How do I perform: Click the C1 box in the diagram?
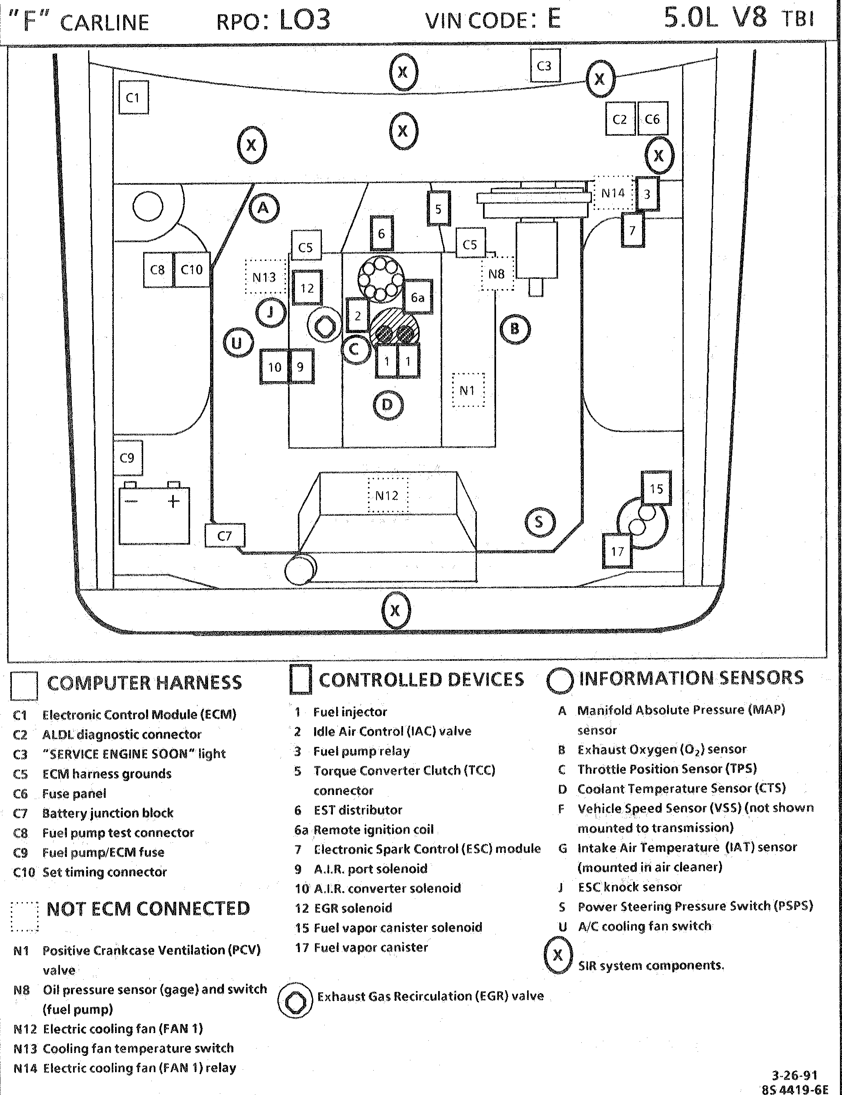tap(133, 97)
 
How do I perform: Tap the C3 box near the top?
tap(545, 66)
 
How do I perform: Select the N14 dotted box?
tap(614, 193)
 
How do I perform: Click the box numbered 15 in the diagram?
tap(656, 488)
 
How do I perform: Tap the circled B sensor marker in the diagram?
tap(515, 329)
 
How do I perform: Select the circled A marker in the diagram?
tap(264, 208)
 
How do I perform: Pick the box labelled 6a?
tap(417, 298)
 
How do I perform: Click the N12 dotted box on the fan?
tap(388, 495)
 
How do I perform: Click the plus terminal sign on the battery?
tap(173, 501)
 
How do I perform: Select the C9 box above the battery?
tap(128, 458)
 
